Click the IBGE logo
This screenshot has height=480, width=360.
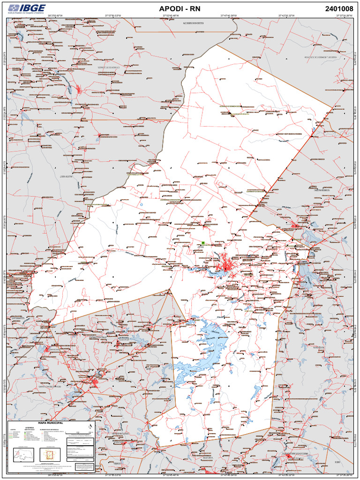point(27,8)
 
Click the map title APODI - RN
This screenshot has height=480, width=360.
point(180,8)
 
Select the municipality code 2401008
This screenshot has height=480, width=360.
point(339,8)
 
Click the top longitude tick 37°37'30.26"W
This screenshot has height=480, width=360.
point(344,15)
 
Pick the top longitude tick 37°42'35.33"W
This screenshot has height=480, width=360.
point(286,15)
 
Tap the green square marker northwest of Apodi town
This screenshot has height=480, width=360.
point(203,243)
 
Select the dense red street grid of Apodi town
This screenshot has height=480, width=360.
point(226,265)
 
